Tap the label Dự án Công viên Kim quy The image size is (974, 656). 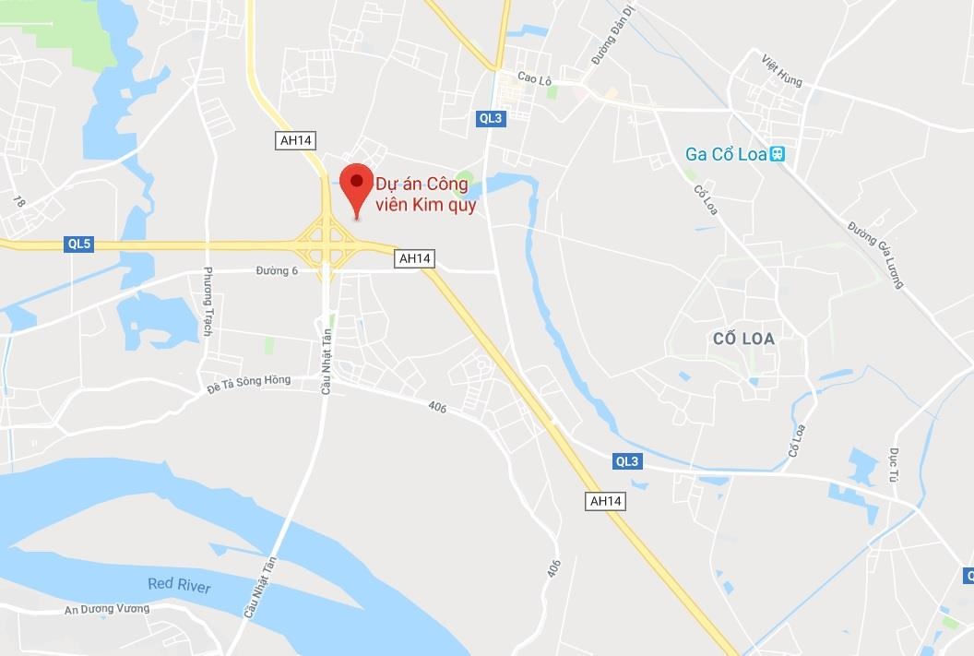(425, 194)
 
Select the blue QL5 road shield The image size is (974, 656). (79, 245)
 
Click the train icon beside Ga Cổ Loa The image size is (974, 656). (778, 154)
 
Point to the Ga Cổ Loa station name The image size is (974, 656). (726, 154)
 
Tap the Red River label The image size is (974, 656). (179, 585)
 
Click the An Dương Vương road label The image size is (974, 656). (107, 610)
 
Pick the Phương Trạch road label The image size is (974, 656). (208, 301)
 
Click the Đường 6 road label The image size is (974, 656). (277, 270)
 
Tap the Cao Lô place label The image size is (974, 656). (534, 80)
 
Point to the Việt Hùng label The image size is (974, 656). (782, 71)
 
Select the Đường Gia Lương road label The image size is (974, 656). (876, 255)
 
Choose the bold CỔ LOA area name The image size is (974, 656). (744, 339)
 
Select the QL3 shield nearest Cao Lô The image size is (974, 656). (491, 117)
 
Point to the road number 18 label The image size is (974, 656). (18, 200)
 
